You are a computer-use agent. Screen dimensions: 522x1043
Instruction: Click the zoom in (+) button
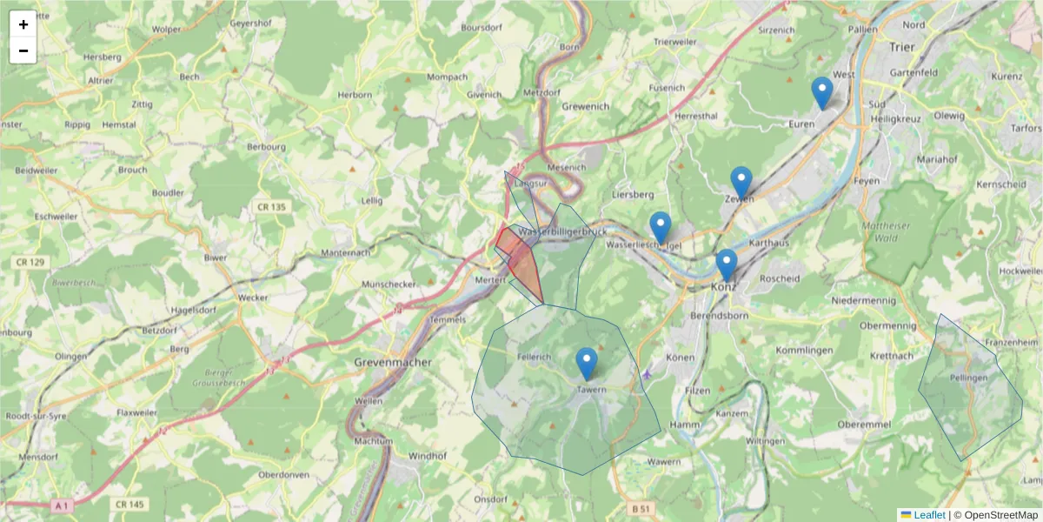(23, 24)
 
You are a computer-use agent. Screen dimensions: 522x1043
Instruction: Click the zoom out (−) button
(23, 50)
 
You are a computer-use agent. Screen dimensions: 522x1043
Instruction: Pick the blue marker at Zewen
(741, 183)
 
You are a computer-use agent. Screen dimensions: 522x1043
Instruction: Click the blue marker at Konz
(726, 264)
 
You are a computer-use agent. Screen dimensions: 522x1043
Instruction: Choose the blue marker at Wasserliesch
(661, 228)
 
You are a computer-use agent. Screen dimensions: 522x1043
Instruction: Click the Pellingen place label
(968, 378)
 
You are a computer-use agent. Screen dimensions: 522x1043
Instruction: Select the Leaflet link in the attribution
(929, 515)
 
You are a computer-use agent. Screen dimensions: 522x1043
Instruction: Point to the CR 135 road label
(271, 207)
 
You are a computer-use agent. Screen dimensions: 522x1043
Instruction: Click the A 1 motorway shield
(60, 505)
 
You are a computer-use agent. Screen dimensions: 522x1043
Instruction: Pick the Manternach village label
(345, 253)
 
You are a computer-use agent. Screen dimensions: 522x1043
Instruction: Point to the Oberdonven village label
(284, 476)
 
